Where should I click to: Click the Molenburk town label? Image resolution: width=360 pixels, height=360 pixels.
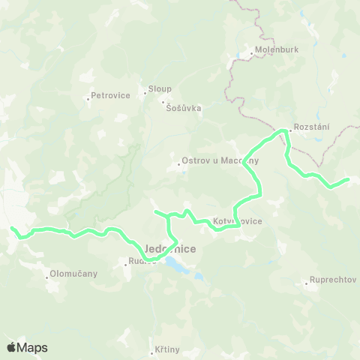pos(271,53)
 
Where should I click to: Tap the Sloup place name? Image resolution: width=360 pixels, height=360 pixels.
pos(160,87)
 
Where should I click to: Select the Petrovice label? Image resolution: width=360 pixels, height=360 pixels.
pos(110,95)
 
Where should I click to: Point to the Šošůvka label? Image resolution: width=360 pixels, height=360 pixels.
pos(184,108)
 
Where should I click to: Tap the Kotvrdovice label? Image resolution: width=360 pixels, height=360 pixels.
pos(238,222)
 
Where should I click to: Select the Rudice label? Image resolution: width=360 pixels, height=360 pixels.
pos(144,262)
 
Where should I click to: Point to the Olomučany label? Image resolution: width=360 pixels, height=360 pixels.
pos(73,274)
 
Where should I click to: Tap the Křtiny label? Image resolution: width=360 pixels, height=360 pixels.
pos(169,349)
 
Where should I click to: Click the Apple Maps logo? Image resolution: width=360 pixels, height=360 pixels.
pos(27,347)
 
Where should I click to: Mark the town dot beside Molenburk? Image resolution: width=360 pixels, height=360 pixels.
pos(250,54)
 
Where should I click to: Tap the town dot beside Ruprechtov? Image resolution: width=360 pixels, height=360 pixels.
pos(307,283)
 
